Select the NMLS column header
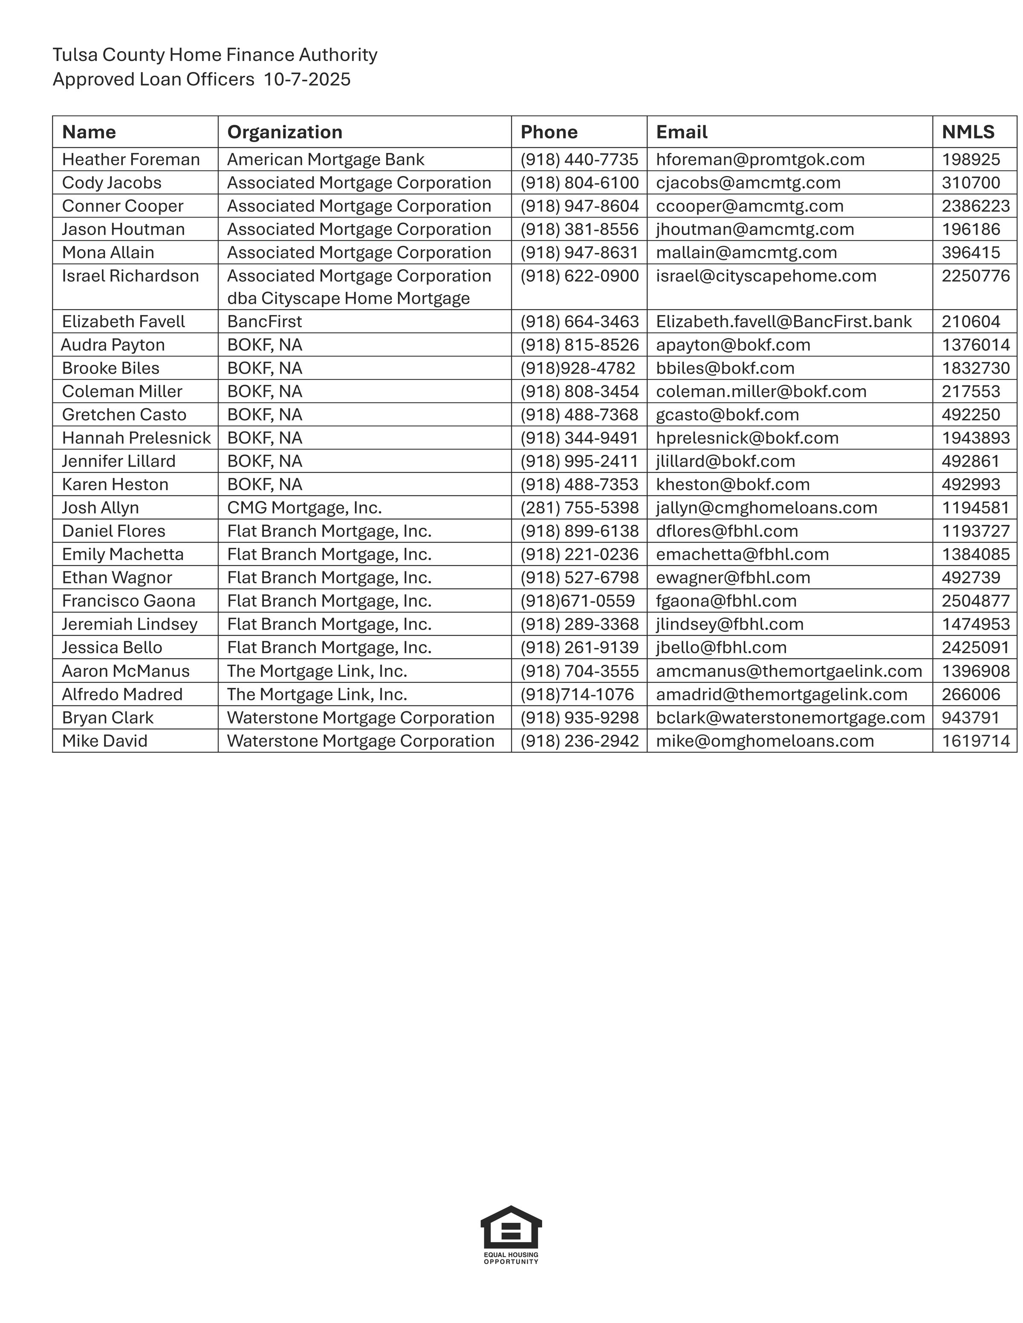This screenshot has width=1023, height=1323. [968, 132]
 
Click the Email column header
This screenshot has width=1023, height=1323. [682, 132]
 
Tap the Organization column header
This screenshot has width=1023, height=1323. [284, 132]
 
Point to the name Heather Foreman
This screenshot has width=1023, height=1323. [130, 159]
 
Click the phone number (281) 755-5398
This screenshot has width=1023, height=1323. [579, 508]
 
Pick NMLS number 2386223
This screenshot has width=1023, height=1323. [975, 206]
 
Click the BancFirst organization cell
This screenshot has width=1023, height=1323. [264, 322]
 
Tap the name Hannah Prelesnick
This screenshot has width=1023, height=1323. [136, 438]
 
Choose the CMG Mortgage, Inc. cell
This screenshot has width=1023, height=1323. [304, 508]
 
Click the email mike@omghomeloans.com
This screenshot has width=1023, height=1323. [765, 741]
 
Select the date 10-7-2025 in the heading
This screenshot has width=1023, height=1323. [307, 79]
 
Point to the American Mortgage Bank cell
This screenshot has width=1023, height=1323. [326, 159]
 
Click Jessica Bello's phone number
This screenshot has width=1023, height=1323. [579, 647]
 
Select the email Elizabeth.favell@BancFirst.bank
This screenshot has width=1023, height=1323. [783, 322]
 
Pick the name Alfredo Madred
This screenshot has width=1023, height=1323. [122, 694]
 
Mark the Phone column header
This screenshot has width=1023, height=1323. [549, 132]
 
